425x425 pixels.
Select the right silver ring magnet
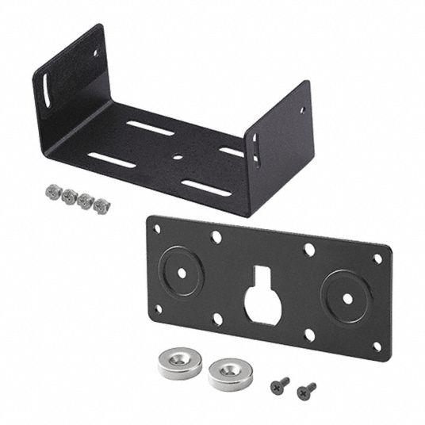coord(230,373)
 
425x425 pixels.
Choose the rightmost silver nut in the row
coord(101,205)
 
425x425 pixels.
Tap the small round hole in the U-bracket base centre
coord(178,156)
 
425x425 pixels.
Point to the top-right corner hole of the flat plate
coord(377,258)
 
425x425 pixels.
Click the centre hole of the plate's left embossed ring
coord(182,271)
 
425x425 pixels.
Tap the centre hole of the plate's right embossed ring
coord(347,300)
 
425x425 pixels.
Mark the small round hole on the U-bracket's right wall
coord(301,109)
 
